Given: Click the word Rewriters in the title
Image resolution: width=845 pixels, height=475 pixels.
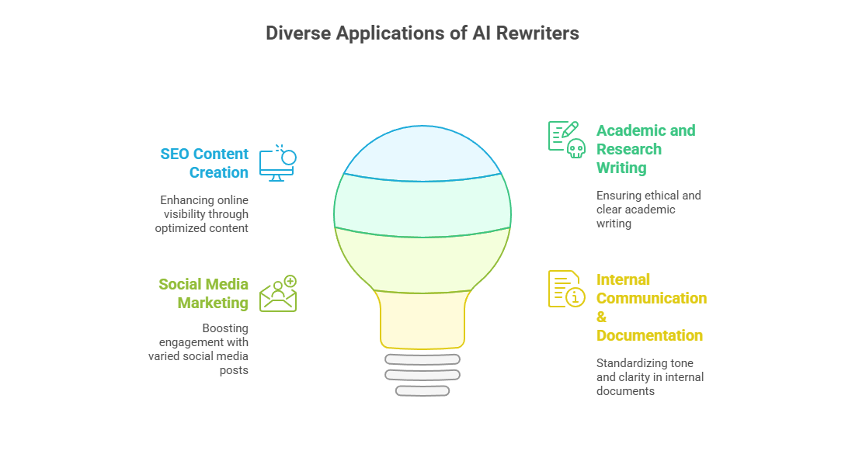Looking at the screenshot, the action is (x=537, y=33).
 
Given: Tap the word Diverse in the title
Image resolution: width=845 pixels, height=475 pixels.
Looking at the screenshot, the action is (x=298, y=33).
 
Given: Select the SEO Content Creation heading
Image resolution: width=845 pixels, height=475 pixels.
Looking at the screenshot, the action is (x=204, y=163).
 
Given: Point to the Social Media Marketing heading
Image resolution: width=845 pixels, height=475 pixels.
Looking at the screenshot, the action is (x=203, y=293).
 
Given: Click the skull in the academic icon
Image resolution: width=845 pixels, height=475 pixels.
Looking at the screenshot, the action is (x=576, y=148).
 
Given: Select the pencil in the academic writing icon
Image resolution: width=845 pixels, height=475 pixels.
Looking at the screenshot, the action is (x=570, y=130).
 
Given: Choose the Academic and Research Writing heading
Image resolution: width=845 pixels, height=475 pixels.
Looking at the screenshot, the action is (x=645, y=149).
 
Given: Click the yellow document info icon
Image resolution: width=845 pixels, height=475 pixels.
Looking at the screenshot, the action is (x=566, y=289).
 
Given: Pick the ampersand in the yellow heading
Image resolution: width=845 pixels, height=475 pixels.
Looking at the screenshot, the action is (x=601, y=317).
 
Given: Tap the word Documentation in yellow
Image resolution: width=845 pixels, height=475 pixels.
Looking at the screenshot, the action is (x=649, y=335).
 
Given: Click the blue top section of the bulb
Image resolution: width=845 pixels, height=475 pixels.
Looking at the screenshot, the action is (x=422, y=154).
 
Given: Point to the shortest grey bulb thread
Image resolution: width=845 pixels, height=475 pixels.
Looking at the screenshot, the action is (x=422, y=391).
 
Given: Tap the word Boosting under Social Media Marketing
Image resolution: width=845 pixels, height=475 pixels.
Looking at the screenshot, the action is (x=225, y=328).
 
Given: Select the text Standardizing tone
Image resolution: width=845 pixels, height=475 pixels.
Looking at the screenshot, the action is (x=645, y=363).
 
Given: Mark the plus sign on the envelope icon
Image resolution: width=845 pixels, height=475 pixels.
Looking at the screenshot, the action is (x=290, y=281).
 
